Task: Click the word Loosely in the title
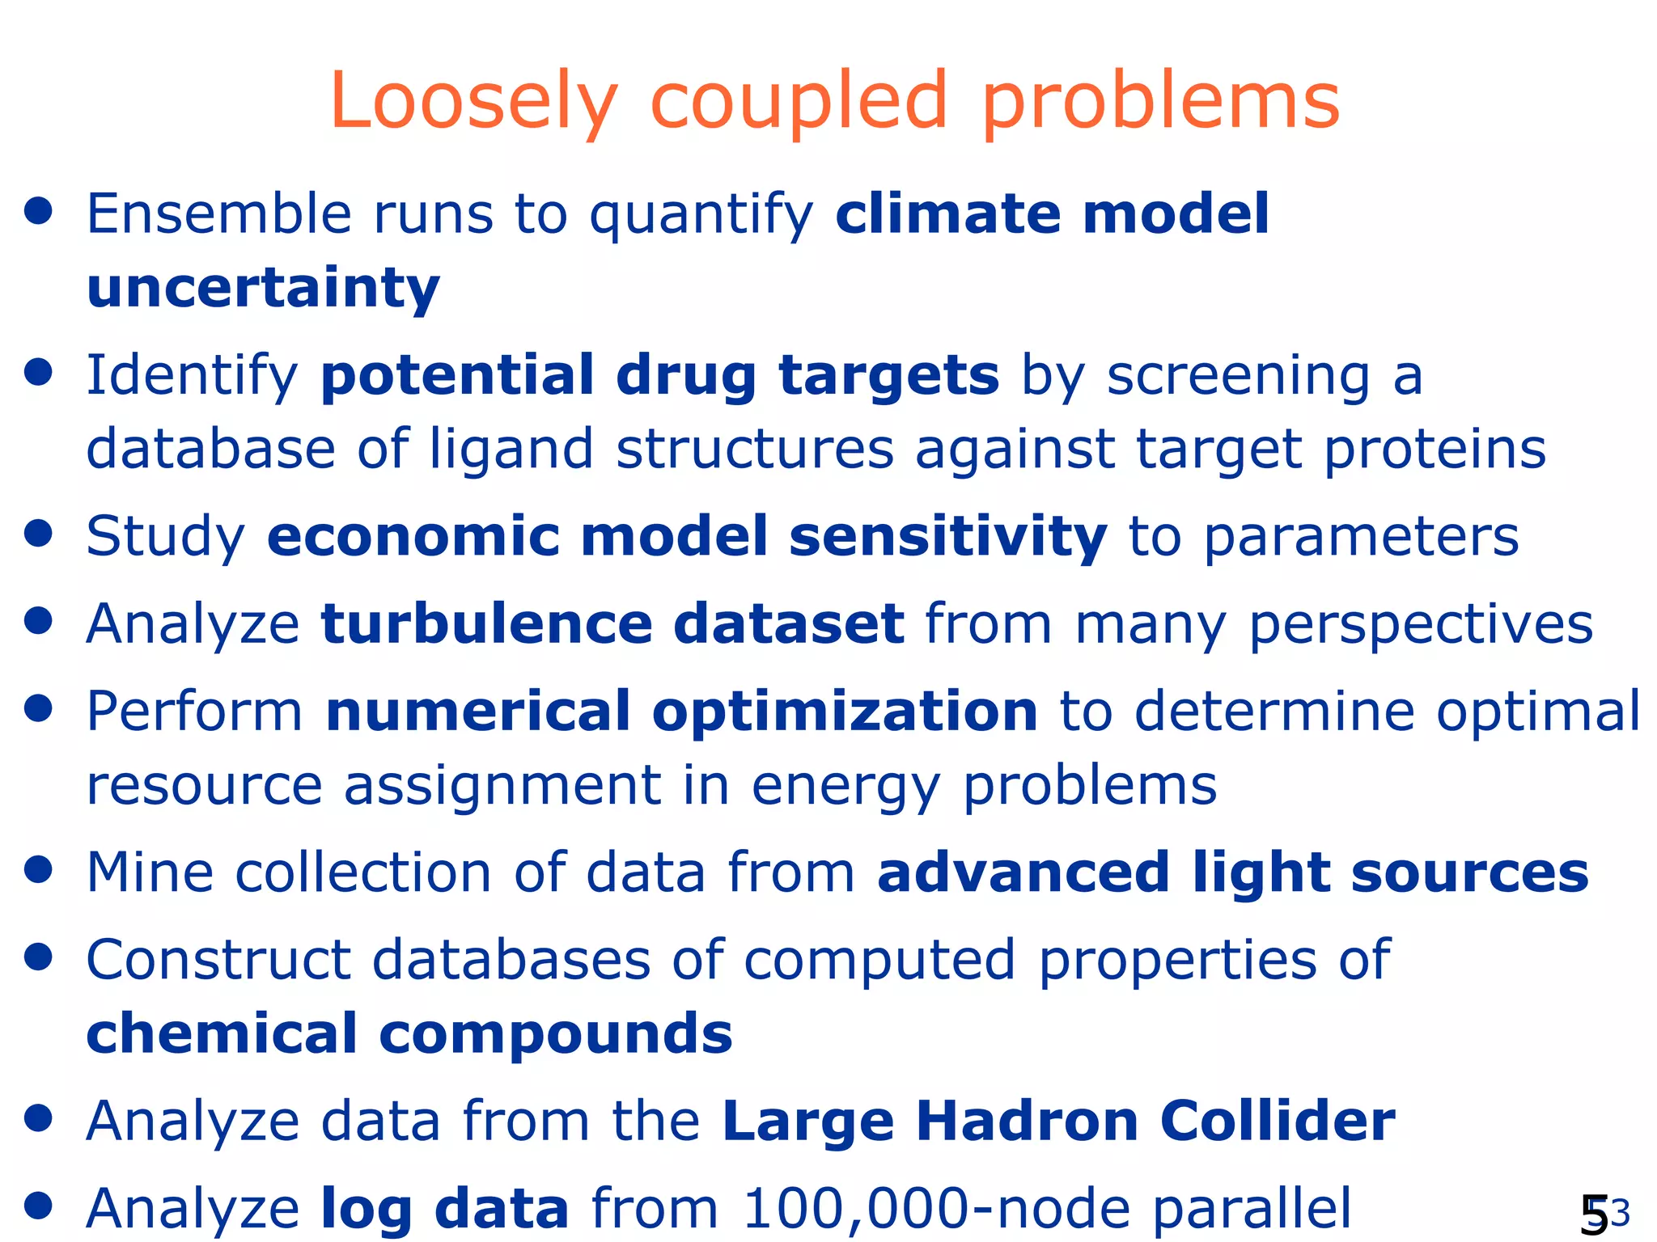click(x=474, y=102)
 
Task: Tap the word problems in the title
click(x=1160, y=102)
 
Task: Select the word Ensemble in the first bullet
click(x=218, y=214)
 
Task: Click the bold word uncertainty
click(x=263, y=289)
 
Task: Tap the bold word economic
click(x=413, y=537)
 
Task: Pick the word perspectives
click(x=1421, y=624)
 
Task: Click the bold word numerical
click(x=477, y=712)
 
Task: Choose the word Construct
click(x=218, y=960)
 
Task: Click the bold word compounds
click(x=555, y=1034)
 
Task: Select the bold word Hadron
click(x=1027, y=1122)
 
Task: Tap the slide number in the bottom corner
click(x=1602, y=1214)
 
